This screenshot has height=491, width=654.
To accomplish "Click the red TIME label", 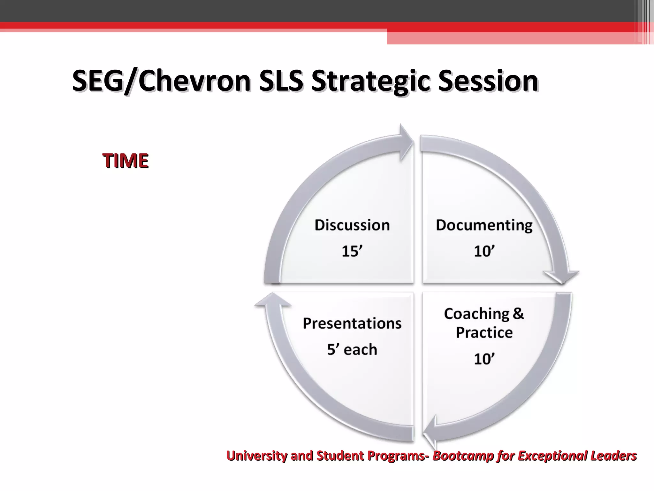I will tap(125, 160).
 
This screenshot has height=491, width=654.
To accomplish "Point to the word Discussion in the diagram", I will tap(352, 225).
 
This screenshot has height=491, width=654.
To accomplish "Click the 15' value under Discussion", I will tap(352, 251).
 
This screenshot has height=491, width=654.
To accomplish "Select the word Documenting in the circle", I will tap(484, 225).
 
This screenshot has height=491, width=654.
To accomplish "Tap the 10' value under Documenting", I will tap(484, 251).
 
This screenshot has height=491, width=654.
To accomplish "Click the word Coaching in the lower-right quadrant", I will tap(476, 314).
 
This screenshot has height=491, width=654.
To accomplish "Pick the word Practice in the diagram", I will tap(484, 332).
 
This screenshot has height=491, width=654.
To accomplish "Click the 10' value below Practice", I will tap(484, 359).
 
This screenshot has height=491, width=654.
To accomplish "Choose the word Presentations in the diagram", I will tap(352, 323).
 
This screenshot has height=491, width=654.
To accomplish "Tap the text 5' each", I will tap(352, 349).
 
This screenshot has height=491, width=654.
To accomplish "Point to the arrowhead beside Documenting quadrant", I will tap(561, 276).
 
